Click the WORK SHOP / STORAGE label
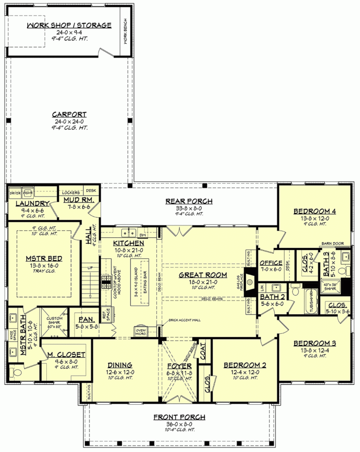[69, 25]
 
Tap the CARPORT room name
[69, 114]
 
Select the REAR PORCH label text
[189, 202]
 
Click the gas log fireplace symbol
[249, 282]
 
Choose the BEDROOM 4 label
[315, 211]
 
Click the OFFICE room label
[271, 263]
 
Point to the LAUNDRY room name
[32, 203]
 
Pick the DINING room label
[120, 365]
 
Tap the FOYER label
[180, 365]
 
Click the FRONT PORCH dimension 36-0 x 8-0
[180, 423]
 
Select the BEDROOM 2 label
[241, 365]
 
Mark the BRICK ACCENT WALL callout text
[184, 320]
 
